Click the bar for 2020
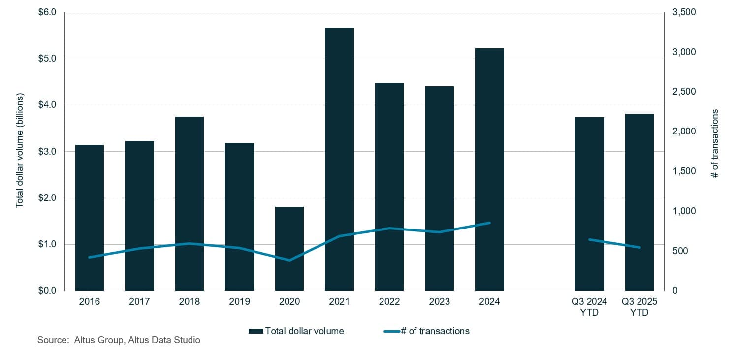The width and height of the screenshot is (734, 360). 289,249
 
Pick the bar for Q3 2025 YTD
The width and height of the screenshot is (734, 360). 639,202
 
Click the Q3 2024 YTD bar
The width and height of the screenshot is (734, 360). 589,204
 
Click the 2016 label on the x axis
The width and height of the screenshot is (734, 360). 89,302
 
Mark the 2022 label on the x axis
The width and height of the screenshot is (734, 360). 389,302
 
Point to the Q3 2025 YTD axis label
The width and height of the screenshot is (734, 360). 639,307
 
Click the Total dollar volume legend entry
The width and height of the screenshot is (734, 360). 296,331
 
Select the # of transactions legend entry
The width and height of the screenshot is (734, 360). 426,331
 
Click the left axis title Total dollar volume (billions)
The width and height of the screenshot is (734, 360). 20,151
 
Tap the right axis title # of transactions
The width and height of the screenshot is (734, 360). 715,143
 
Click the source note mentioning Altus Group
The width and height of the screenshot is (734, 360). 119,340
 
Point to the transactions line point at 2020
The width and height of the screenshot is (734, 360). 289,260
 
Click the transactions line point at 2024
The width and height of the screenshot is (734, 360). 489,223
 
